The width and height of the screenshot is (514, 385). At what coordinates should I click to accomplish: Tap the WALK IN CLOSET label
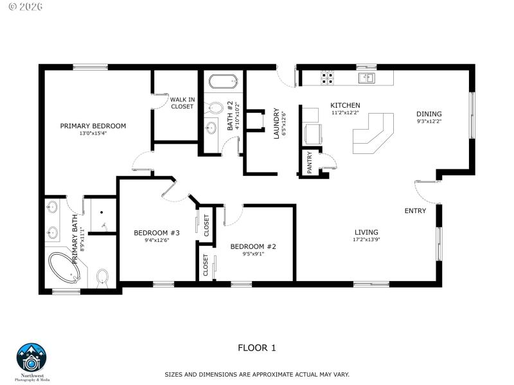182,103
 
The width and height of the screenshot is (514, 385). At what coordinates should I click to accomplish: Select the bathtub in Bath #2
224,82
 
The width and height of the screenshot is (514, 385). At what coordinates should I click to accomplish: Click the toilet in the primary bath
102,278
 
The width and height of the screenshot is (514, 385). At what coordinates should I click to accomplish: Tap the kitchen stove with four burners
327,78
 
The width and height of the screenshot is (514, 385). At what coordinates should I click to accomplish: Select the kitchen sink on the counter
369,78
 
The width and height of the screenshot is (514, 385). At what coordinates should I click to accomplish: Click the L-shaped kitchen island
373,133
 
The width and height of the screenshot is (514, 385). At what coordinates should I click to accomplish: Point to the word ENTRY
415,210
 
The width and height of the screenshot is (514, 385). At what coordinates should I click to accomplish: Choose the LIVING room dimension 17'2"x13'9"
366,240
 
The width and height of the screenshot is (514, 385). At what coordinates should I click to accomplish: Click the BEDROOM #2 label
253,246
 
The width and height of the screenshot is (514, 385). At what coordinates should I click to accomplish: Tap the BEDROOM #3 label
156,232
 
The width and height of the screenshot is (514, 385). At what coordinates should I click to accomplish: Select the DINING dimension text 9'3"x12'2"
429,121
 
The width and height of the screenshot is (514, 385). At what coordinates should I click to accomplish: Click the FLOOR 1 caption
257,348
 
